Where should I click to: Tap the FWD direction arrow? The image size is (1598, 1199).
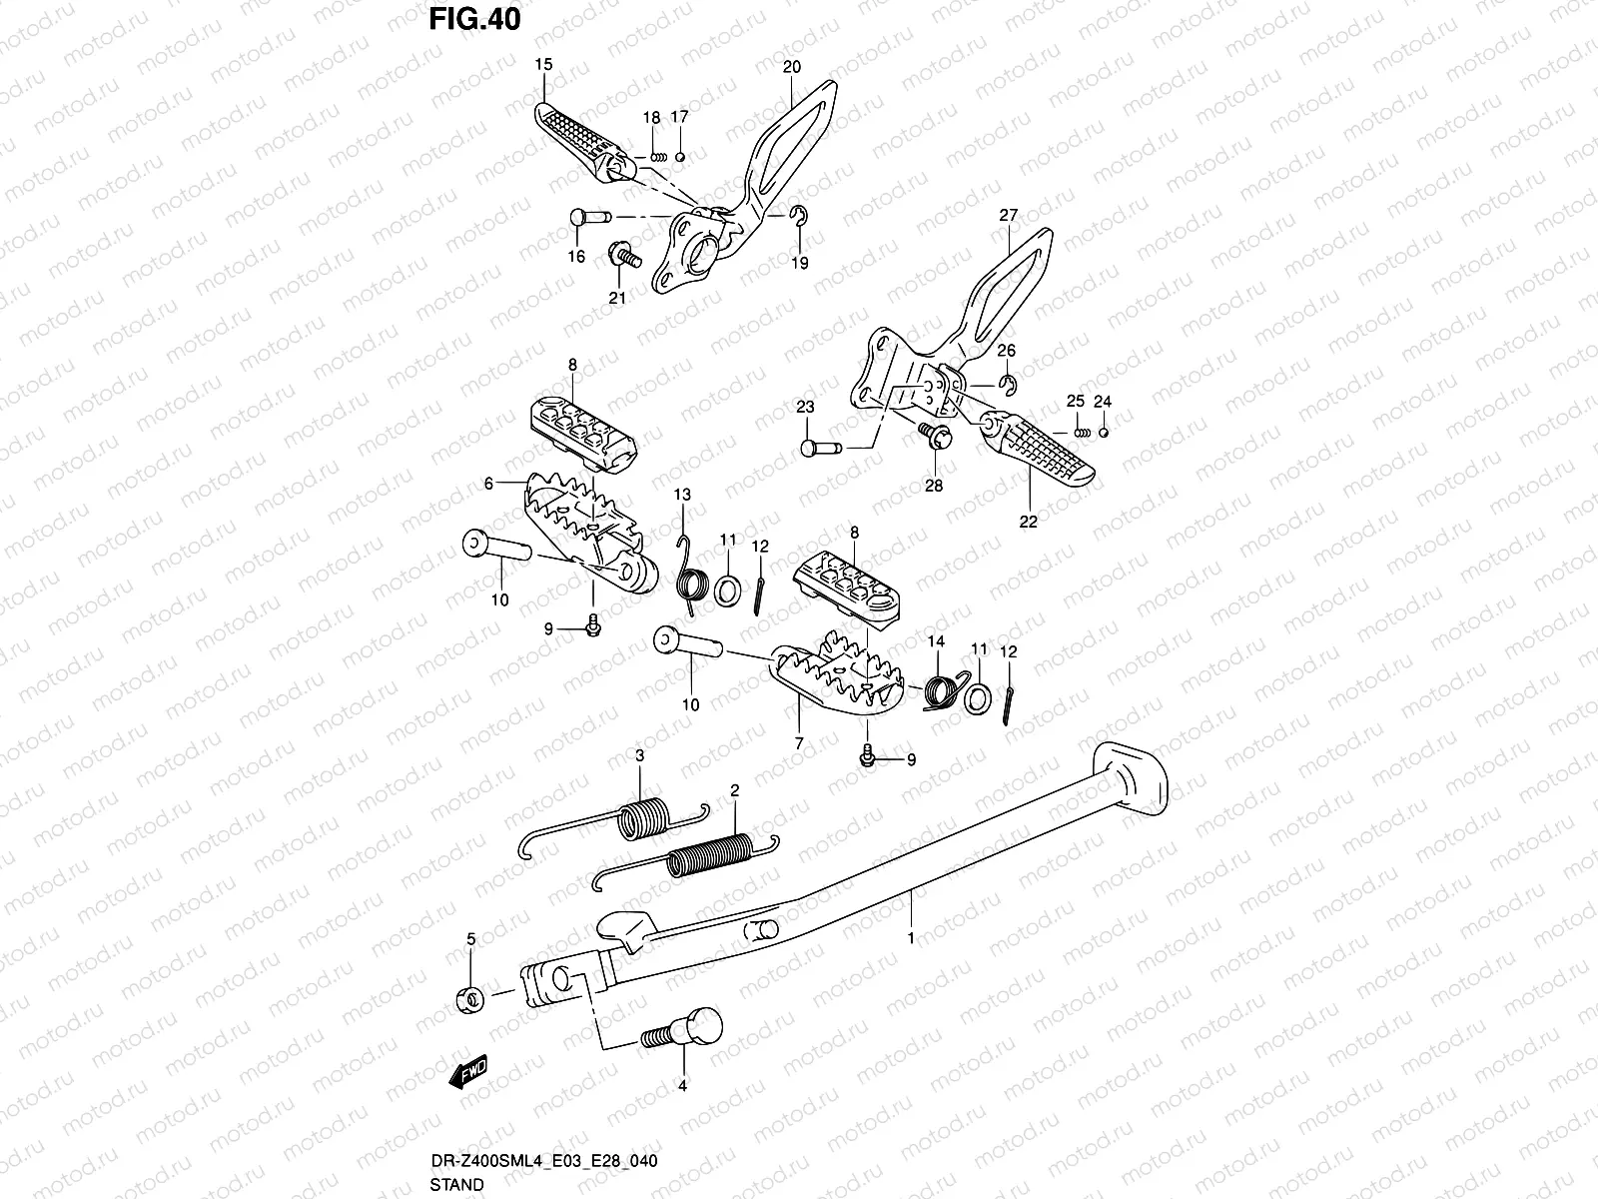coord(468,1070)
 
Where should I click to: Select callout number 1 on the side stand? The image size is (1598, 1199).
coord(910,938)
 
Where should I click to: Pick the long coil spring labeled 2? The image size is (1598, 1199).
coord(704,857)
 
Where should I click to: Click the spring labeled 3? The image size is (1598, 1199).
coord(639,818)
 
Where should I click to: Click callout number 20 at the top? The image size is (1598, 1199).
coord(791,68)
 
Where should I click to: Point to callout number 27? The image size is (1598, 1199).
coord(1008,215)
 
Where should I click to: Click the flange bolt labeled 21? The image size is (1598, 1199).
coord(622,257)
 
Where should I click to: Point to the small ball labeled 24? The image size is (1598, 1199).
coord(1103,432)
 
